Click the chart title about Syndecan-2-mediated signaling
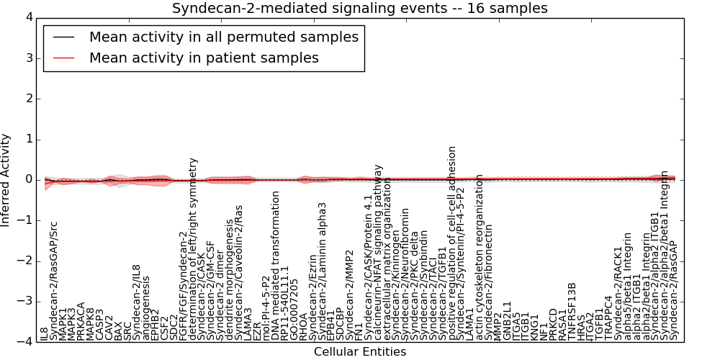pos(359,8)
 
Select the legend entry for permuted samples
pos(223,37)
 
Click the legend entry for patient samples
pos(204,58)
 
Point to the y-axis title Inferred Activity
pos(6,180)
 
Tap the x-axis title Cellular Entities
pos(359,351)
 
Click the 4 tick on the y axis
pos(28,17)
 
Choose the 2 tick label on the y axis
pos(28,99)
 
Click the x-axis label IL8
pos(45,333)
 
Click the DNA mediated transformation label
pos(276,265)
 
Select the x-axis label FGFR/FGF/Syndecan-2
pos(183,282)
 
